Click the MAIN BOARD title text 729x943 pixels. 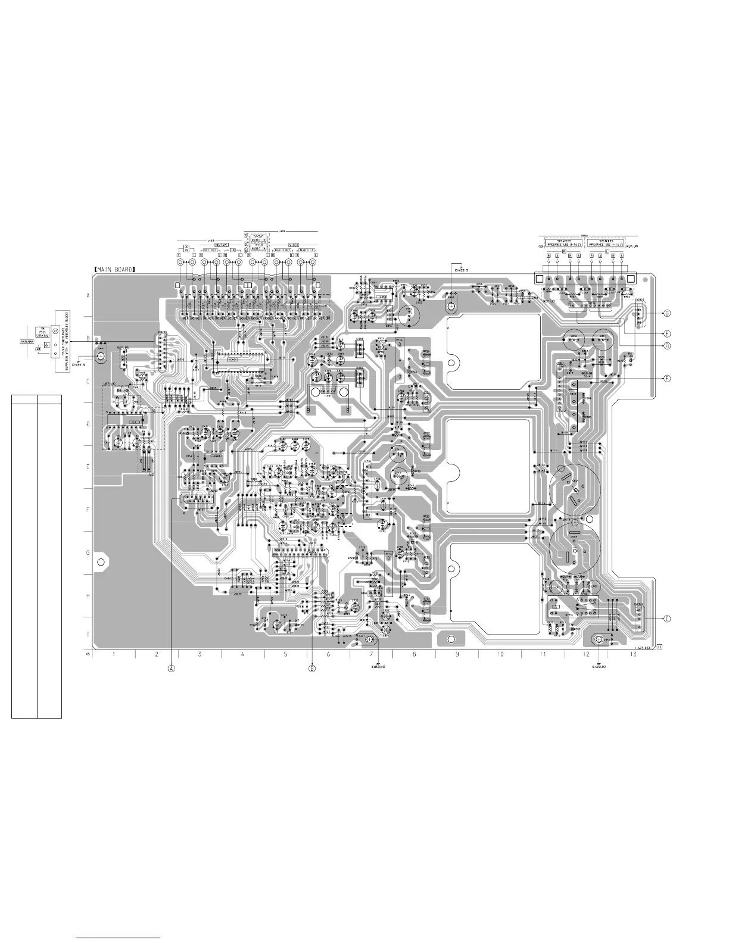[114, 269]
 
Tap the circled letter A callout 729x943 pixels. [172, 668]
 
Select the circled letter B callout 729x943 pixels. [312, 668]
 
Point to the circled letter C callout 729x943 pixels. [666, 619]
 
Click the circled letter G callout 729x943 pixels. [668, 313]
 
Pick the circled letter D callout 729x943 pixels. [668, 345]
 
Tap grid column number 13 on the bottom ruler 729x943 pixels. [633, 654]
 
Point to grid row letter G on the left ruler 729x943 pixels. [88, 553]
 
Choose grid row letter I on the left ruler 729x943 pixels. [88, 635]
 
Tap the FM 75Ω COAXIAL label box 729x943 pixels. [43, 332]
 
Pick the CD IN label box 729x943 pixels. [186, 248]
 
